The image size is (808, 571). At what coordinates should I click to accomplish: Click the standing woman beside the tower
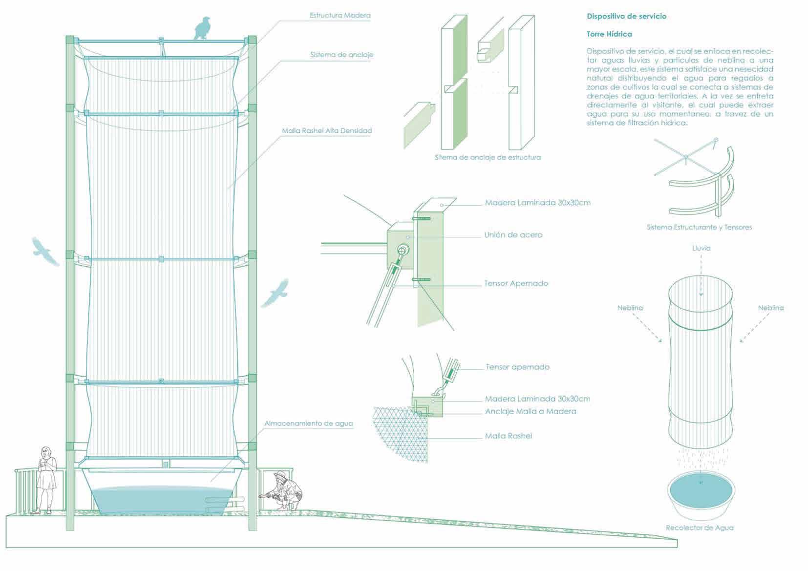coord(46,479)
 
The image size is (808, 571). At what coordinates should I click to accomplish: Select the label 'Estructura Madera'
coord(340,16)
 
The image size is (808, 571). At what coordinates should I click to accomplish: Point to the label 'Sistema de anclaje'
coord(341,55)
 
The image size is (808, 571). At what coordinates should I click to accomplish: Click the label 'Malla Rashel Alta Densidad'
coord(327,131)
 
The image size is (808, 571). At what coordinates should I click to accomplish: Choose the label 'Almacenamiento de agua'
coord(308,423)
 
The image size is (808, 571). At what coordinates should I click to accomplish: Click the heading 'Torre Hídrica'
coord(609,34)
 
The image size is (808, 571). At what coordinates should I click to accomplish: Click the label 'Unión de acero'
coord(513,235)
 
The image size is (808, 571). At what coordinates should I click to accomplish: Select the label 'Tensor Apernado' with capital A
coord(516,283)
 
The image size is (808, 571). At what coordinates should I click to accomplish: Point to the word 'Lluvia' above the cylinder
coord(701,248)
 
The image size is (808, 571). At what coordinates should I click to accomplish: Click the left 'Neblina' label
coord(630,308)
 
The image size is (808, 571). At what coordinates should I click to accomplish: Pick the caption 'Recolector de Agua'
coord(699,528)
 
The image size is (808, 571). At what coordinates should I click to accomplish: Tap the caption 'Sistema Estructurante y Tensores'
coord(699,227)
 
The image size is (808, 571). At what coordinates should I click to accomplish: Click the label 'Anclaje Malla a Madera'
coord(531,411)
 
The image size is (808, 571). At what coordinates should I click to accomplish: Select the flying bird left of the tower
coord(45,251)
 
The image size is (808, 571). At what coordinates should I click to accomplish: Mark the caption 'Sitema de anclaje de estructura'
coord(488,157)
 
